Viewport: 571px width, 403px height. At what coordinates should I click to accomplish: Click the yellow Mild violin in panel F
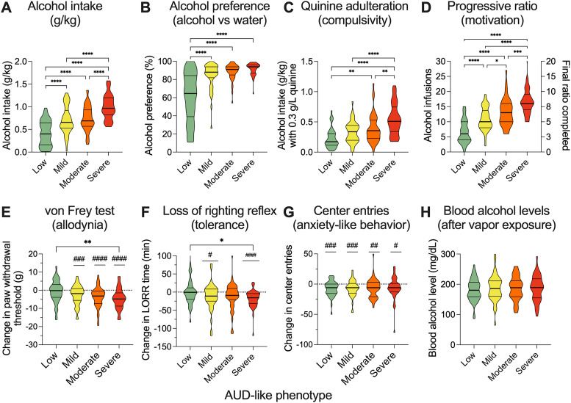point(212,294)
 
